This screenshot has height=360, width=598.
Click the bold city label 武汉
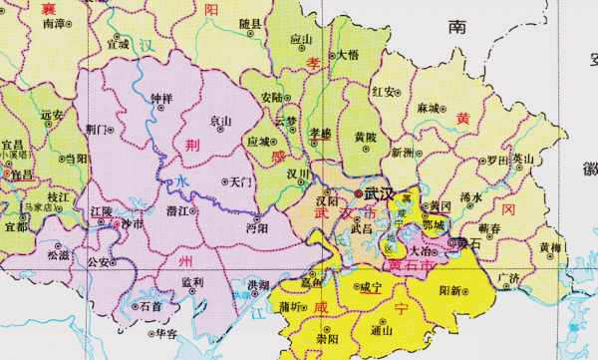tap(380, 191)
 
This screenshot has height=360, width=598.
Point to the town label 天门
tap(241, 182)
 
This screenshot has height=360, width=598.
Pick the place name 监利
tap(192, 282)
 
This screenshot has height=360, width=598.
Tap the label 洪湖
tap(257, 285)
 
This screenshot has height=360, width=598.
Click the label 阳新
tap(450, 291)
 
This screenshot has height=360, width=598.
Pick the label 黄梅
tap(549, 246)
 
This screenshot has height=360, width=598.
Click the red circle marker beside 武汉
tap(358, 192)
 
